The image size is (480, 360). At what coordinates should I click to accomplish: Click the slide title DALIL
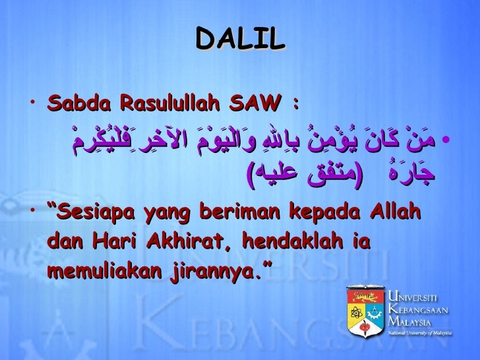click(x=240, y=39)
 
